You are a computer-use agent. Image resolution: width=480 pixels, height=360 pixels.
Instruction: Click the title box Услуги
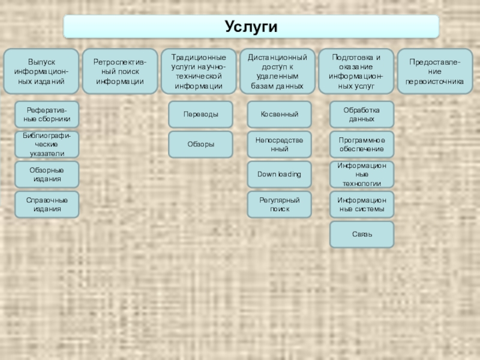pos(251,26)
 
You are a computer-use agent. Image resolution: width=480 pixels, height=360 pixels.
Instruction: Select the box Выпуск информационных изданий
pos(41,71)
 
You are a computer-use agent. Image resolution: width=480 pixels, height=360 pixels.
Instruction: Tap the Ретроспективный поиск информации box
pos(120,71)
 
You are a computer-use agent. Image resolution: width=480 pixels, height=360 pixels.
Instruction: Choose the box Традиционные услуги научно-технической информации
pos(199,71)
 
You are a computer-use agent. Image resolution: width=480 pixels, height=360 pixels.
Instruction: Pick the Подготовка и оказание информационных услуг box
pos(356,71)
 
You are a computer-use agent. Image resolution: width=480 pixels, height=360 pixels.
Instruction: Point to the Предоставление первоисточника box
pos(435,71)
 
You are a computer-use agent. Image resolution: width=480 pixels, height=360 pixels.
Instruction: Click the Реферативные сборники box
pos(47,114)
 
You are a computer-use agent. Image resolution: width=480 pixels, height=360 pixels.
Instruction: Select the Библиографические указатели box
pos(47,145)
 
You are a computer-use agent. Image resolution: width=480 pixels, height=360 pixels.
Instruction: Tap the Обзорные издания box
pos(47,175)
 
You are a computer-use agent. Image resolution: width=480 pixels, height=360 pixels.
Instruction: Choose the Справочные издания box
pos(47,205)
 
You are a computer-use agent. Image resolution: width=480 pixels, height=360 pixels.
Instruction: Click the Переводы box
pos(200,114)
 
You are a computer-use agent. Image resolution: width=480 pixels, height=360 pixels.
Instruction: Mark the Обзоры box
pos(200,145)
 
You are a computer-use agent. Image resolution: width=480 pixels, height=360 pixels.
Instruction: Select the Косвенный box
pos(280,114)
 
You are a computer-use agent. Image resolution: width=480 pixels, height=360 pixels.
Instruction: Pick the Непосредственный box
pos(280,145)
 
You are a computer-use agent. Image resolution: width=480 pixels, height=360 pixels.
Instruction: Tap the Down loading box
pos(280,175)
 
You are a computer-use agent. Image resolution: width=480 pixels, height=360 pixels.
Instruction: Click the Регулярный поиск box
pos(280,205)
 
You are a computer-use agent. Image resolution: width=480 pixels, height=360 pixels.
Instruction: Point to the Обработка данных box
pos(362,114)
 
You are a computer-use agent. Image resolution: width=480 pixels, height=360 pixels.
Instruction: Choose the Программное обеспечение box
pos(362,145)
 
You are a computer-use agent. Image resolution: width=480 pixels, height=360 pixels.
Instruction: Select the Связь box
pos(362,235)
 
